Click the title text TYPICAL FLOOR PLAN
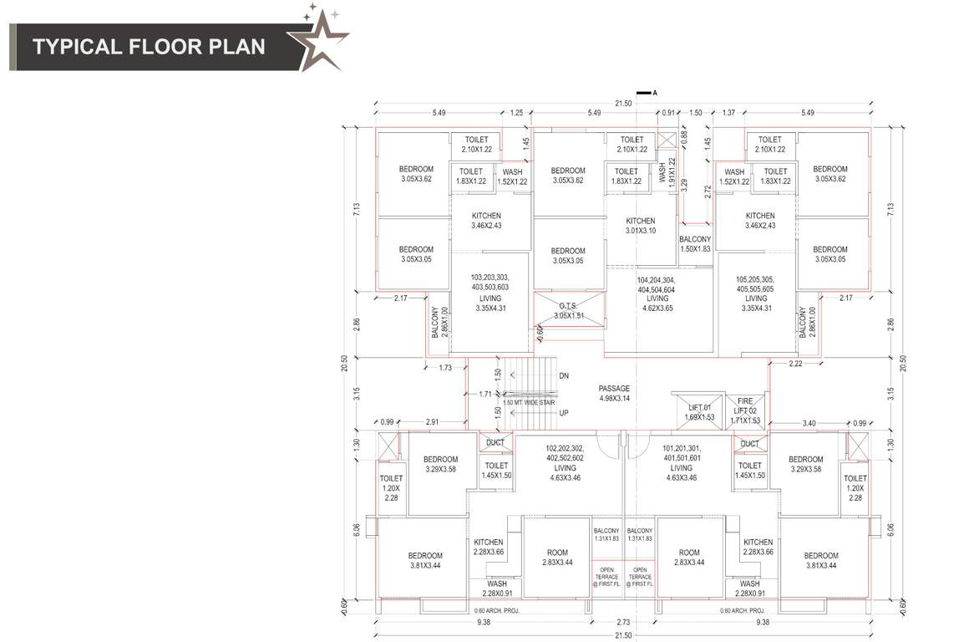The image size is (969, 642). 149,45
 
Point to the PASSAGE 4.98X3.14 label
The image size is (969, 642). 614,394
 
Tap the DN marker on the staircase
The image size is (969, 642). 563,376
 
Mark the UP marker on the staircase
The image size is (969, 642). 563,413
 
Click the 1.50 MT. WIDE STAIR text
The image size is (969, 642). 528,402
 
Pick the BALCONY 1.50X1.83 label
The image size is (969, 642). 694,244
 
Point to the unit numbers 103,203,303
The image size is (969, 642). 490,277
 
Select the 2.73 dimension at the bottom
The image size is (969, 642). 623,622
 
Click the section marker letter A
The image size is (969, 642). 655,93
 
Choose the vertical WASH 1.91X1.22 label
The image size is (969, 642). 667,171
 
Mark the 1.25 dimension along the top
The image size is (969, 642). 516,113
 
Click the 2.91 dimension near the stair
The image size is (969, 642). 433,422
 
